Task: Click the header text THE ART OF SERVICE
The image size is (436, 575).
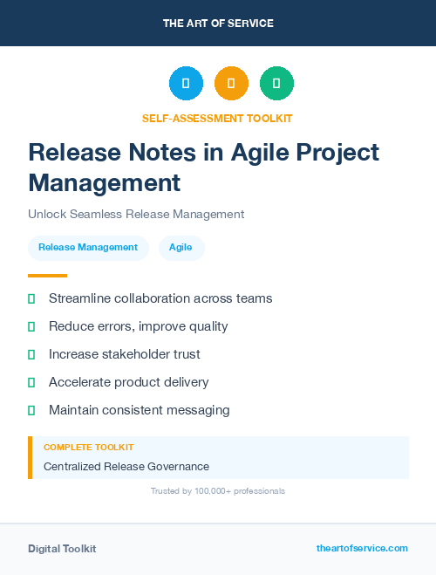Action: [x=218, y=24]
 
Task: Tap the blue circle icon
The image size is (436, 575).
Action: [x=186, y=83]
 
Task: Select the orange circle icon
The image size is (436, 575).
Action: [x=231, y=83]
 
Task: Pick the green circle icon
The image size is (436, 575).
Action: [x=276, y=83]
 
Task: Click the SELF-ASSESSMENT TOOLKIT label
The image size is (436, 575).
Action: [x=218, y=118]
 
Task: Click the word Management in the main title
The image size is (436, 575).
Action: [x=105, y=183]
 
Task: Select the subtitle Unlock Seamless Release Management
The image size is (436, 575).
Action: [x=136, y=214]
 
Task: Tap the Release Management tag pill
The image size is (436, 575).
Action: [x=88, y=248]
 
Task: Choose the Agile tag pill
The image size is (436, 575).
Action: [x=181, y=248]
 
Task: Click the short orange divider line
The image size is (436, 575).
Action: [x=47, y=276]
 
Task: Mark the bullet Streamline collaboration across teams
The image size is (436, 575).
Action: [x=160, y=298]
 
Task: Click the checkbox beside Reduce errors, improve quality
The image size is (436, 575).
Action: [x=31, y=326]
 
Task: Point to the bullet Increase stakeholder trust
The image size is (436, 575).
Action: [x=125, y=354]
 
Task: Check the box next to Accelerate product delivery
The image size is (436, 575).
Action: [x=31, y=382]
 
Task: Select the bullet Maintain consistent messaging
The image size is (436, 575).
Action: [x=140, y=410]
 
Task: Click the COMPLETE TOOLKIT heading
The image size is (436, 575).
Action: [x=82, y=447]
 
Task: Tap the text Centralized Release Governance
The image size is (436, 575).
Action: [x=126, y=467]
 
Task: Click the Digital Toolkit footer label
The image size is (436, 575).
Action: [x=62, y=549]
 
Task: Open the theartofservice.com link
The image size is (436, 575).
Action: [x=362, y=548]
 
